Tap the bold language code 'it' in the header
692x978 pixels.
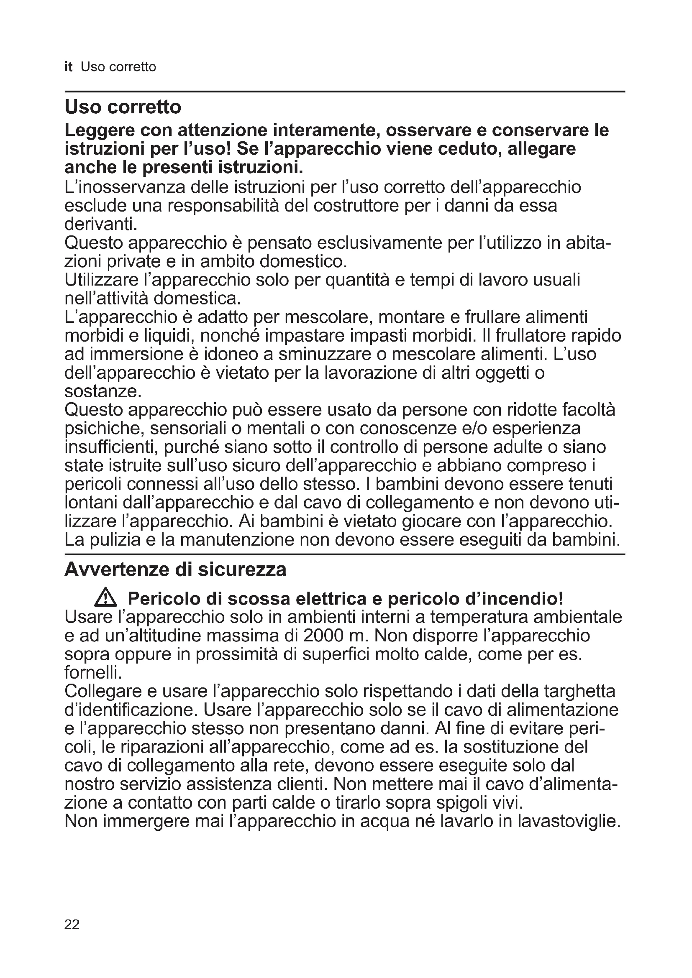point(69,67)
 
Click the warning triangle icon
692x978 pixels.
point(105,599)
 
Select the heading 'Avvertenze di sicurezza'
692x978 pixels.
point(175,570)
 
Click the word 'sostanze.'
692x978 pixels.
point(102,391)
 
